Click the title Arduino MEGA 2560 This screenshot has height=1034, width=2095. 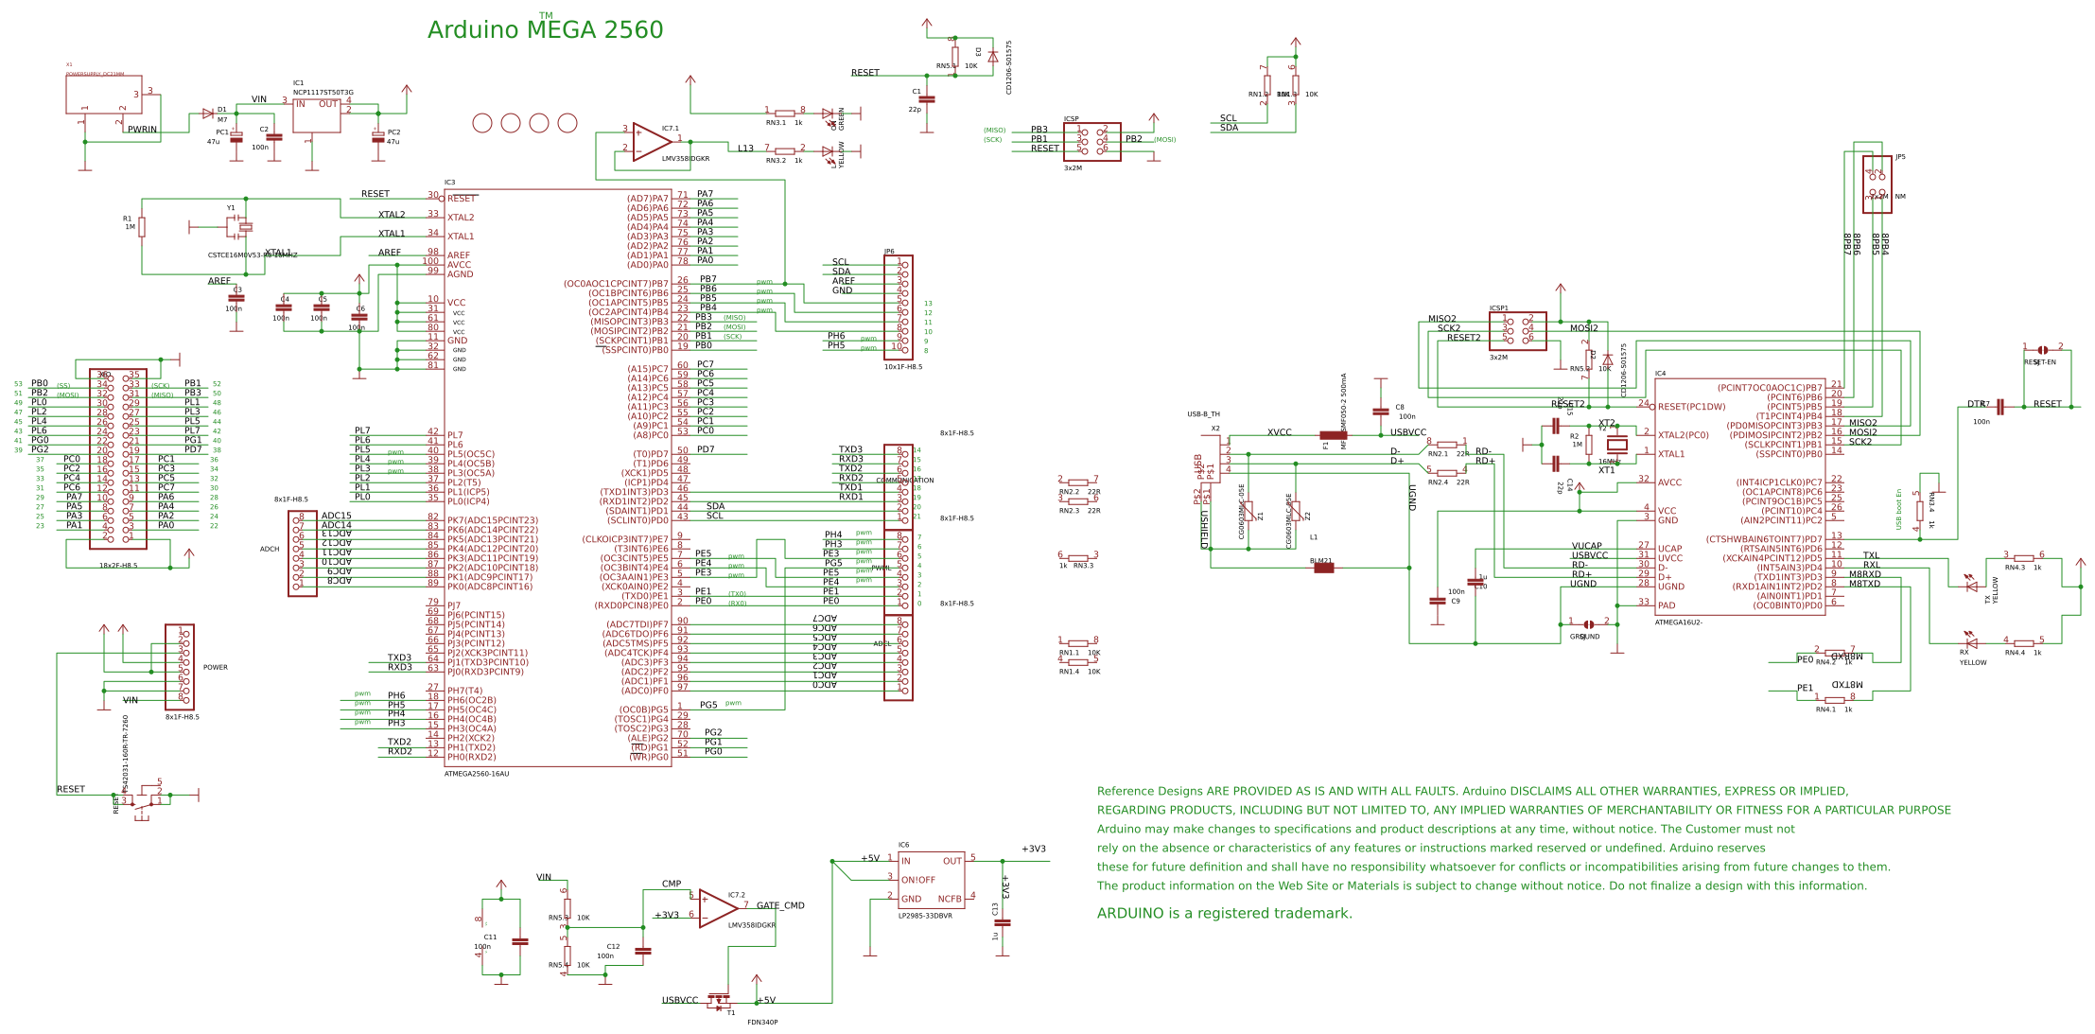(x=545, y=30)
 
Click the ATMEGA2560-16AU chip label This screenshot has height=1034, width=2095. (x=477, y=774)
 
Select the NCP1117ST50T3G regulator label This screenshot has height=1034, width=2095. (x=323, y=93)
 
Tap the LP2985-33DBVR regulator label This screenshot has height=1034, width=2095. (x=925, y=916)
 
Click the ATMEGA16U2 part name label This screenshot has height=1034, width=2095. (x=1679, y=622)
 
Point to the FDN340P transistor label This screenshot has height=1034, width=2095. (x=762, y=1023)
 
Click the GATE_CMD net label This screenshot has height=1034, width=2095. (x=780, y=905)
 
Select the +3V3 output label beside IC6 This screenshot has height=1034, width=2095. (x=1033, y=850)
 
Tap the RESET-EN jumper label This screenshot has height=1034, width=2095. (x=2039, y=362)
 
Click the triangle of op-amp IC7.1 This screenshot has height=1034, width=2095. (x=650, y=142)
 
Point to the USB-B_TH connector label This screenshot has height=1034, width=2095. (x=1203, y=414)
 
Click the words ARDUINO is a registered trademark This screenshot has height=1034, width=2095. (x=1224, y=914)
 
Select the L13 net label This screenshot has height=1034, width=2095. (x=745, y=149)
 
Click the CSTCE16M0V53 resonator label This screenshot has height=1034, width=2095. (x=252, y=255)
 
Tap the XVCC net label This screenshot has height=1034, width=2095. (x=1279, y=432)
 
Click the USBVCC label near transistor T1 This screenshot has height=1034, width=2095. (x=679, y=1000)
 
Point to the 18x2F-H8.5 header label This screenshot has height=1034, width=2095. (x=118, y=566)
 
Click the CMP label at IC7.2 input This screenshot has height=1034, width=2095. (x=671, y=884)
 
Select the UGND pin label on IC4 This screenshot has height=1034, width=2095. (x=1670, y=587)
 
